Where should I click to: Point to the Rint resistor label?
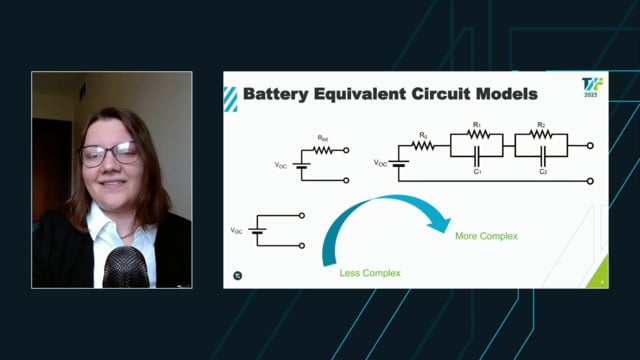[322, 138]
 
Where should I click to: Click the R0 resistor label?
[423, 134]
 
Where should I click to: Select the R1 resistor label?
[477, 127]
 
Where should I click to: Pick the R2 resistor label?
[541, 127]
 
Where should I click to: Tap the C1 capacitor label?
[478, 171]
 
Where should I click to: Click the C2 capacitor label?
[543, 171]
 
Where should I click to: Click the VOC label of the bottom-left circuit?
[237, 231]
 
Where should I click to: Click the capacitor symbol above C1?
[478, 156]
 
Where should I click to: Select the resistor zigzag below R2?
[541, 135]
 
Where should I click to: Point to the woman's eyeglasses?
[110, 154]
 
